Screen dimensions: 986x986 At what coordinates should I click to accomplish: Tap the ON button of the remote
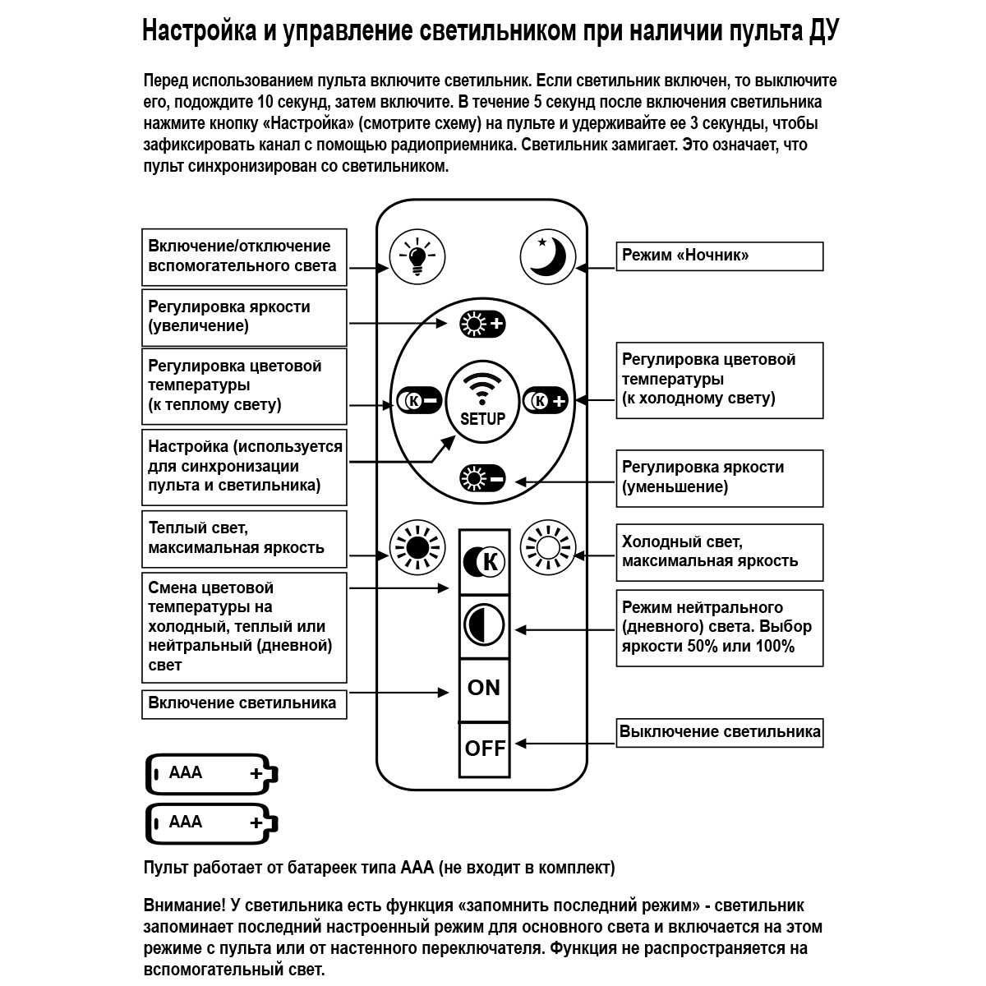point(483,689)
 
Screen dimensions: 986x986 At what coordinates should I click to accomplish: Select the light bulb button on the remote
point(417,256)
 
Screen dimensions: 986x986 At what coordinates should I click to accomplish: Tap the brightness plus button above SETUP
point(482,324)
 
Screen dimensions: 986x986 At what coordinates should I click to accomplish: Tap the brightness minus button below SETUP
point(482,478)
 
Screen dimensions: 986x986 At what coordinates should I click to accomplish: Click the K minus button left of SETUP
point(419,400)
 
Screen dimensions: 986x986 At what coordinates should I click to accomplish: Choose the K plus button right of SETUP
point(546,400)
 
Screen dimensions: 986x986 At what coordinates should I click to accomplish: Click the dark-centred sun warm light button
point(416,546)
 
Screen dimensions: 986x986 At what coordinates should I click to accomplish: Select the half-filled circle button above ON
point(484,626)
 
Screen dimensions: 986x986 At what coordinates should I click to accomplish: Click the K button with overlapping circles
point(484,562)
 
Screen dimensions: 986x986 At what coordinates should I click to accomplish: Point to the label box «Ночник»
point(719,256)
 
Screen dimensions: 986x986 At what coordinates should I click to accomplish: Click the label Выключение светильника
point(719,732)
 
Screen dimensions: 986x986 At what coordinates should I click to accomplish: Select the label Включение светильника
point(243,703)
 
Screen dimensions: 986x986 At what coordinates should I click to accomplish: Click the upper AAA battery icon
point(211,774)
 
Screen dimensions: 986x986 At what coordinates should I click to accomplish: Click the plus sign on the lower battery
point(256,822)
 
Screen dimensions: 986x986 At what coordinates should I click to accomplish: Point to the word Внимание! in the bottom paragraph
point(184,906)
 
